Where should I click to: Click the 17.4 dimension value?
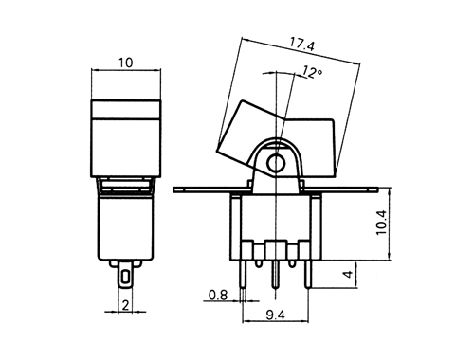pyautogui.click(x=302, y=45)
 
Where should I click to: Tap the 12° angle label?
pyautogui.click(x=312, y=72)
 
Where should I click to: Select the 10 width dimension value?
pyautogui.click(x=126, y=63)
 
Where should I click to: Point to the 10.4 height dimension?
pyautogui.click(x=381, y=223)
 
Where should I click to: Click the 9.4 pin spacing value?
pyautogui.click(x=275, y=315)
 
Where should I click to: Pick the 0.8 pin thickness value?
pyautogui.click(x=218, y=295)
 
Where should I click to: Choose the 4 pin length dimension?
pyautogui.click(x=348, y=274)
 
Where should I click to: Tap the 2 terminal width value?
pyautogui.click(x=125, y=305)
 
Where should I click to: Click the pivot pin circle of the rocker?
pyautogui.click(x=276, y=163)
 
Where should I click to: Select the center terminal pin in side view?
pyautogui.click(x=276, y=275)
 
